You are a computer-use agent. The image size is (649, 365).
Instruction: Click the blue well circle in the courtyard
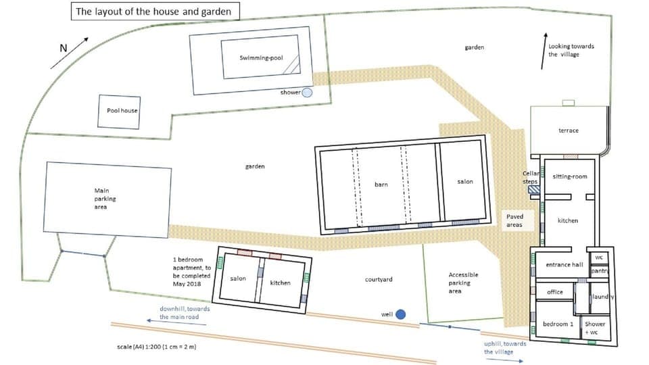pos(400,314)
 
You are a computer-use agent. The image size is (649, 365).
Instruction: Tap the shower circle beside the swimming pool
pos(307,93)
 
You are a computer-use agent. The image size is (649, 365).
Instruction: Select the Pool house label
pos(122,110)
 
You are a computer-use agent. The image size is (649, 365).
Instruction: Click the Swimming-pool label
pos(260,58)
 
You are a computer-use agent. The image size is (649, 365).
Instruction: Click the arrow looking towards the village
pos(544,50)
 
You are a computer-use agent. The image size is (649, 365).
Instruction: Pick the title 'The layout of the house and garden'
pos(153,11)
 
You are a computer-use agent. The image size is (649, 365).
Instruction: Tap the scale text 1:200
pos(157,347)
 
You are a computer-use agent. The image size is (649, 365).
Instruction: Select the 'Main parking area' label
pos(101,199)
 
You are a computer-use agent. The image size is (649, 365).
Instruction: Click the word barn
pos(381,184)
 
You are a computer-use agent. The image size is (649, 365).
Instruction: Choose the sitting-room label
pos(570,176)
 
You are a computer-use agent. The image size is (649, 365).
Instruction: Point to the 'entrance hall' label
pos(564,265)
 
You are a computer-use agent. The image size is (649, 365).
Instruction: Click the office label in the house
pos(555,292)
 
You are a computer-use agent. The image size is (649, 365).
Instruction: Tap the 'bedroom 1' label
pos(558,324)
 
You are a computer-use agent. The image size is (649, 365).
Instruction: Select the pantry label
pos(600,271)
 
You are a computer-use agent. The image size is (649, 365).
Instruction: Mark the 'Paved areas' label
pos(514,220)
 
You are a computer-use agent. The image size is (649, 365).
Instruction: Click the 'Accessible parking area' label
pos(463,283)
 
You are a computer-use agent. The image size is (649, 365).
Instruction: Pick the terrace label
pos(568,130)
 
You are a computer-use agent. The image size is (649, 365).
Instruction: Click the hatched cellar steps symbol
pos(534,191)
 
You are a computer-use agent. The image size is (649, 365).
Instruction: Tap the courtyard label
pos(379,279)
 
